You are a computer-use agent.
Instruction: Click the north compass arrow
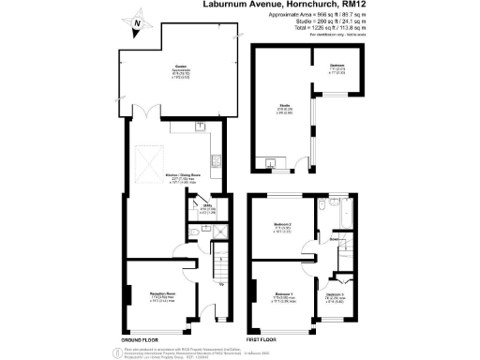pyautogui.click(x=138, y=26)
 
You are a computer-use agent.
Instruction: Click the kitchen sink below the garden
pyautogui.click(x=201, y=125)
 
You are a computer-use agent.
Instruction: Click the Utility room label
pyautogui.click(x=199, y=208)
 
